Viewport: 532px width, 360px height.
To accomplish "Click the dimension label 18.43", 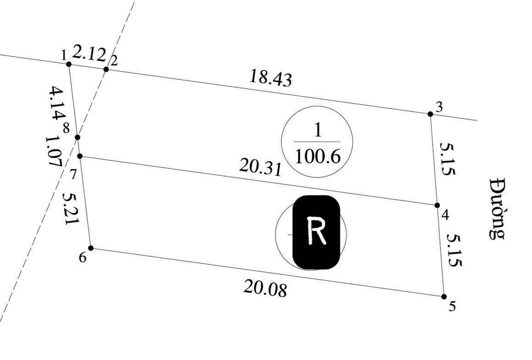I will click(270, 78).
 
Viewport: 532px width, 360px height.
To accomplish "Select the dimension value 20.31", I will click(260, 167).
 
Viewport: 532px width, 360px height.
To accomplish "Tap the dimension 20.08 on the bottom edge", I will click(265, 288).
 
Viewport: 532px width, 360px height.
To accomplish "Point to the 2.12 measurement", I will click(89, 52).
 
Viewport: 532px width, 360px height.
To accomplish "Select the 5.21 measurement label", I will click(69, 208).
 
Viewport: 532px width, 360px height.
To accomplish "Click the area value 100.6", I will click(317, 157).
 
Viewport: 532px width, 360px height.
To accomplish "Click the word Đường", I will click(497, 207).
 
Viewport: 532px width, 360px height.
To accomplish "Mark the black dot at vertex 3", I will click(431, 114).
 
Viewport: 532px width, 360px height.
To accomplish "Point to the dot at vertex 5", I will click(444, 296).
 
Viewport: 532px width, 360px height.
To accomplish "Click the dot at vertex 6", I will click(91, 248).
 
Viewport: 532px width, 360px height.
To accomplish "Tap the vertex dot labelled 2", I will click(106, 69).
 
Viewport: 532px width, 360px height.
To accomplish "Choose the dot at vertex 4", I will click(437, 205).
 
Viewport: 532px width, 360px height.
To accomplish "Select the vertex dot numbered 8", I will click(77, 137).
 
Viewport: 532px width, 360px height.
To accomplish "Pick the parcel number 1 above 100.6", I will click(317, 131).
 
